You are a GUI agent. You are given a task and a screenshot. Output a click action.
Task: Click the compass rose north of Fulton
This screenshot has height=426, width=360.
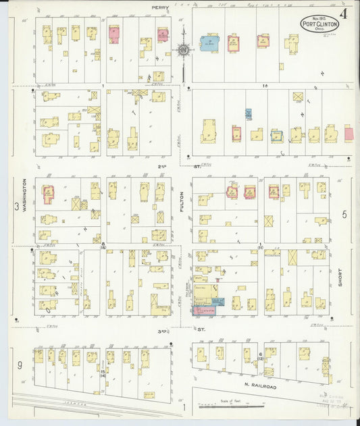click(182, 49)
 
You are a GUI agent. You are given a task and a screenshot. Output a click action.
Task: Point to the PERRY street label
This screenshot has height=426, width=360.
click(159, 7)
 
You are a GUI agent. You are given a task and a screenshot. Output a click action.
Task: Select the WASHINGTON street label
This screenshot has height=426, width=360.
click(24, 196)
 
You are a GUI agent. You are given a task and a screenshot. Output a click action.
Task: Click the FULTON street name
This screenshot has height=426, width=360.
click(182, 202)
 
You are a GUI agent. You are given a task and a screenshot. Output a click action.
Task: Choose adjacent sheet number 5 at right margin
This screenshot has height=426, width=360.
click(344, 215)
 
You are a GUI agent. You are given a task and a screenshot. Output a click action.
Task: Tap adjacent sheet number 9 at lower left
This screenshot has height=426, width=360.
click(20, 365)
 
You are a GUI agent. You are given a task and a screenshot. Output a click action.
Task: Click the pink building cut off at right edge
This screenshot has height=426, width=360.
click(349, 133)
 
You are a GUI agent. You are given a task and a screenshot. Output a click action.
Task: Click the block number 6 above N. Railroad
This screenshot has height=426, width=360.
click(260, 353)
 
